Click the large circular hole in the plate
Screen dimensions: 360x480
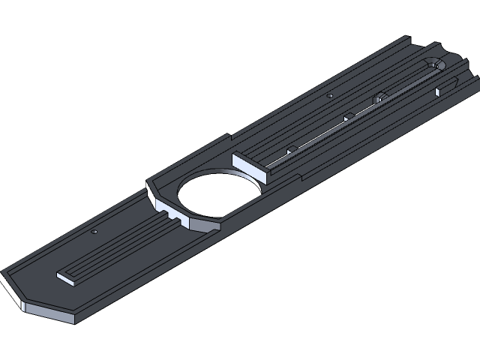[218, 196]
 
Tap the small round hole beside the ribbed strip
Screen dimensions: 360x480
[94, 232]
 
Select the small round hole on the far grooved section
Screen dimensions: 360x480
[331, 96]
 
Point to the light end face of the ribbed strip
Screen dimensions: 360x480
[67, 279]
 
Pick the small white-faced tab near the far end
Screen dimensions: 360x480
[437, 92]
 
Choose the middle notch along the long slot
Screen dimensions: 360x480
[348, 116]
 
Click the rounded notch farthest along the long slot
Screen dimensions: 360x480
[380, 96]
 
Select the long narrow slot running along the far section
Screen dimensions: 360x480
[360, 112]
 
